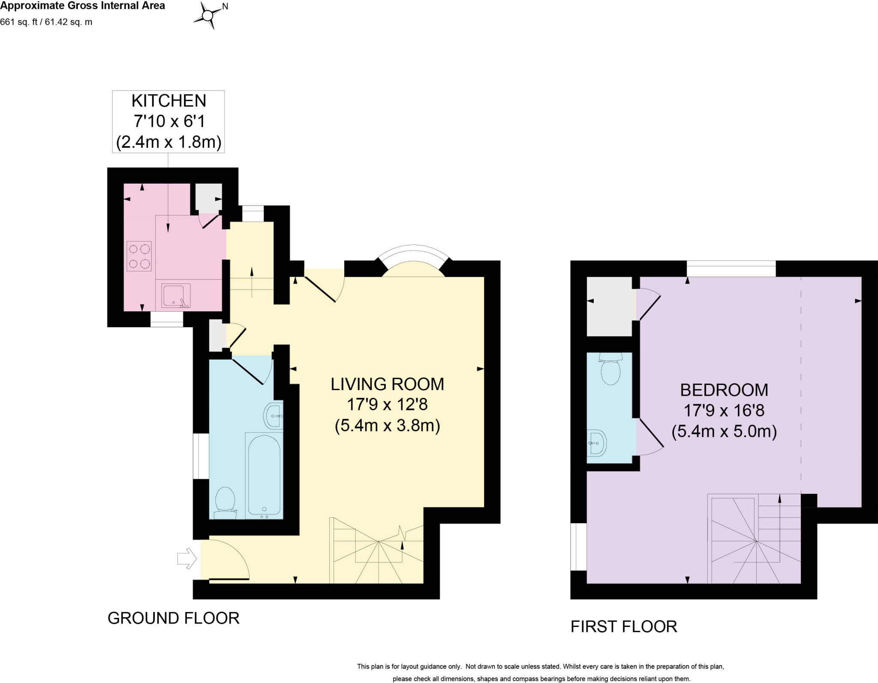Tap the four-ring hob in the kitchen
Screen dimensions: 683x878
click(x=139, y=256)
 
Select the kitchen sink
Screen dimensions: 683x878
click(x=175, y=295)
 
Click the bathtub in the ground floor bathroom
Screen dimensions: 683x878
click(x=264, y=475)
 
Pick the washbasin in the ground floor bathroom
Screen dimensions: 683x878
click(x=273, y=415)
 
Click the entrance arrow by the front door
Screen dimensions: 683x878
click(x=187, y=559)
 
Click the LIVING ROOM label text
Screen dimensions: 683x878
click(x=387, y=384)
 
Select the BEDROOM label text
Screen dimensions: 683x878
click(x=724, y=390)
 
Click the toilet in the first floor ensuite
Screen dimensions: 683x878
click(x=611, y=370)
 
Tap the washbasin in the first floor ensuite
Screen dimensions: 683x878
click(x=596, y=443)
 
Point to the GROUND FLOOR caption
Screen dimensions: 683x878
click(x=173, y=618)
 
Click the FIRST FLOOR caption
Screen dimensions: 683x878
click(x=623, y=626)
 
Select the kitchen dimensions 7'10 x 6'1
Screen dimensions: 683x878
click(x=169, y=121)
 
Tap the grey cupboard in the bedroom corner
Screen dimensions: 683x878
click(x=609, y=306)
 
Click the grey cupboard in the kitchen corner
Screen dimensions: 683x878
click(x=208, y=198)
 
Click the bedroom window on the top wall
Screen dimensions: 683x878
click(x=731, y=269)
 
